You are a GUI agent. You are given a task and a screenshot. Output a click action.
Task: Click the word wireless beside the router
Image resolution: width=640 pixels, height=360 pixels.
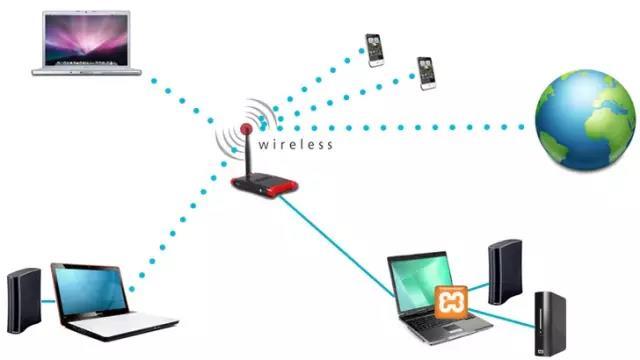pos(296,144)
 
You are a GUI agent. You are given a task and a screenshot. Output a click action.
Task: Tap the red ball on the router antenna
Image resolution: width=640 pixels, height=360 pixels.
pos(246,129)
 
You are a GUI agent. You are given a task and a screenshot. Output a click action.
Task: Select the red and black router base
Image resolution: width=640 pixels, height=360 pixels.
pos(264,185)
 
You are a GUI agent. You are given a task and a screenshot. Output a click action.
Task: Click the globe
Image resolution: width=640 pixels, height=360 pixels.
pos(585,120)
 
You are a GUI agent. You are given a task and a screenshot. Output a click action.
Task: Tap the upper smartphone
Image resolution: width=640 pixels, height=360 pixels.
pos(375,50)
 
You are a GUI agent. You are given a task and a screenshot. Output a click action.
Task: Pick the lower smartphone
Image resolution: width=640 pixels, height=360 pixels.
pos(427,73)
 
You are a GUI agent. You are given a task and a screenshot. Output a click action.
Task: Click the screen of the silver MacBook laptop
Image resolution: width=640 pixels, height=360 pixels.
pos(86,40)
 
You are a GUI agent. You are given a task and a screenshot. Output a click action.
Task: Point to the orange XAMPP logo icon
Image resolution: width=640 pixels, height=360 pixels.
pos(451,302)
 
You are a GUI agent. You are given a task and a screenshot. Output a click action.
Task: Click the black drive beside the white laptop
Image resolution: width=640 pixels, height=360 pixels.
pos(24,300)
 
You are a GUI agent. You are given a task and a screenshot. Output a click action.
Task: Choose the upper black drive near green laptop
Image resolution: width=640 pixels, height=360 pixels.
pos(505,272)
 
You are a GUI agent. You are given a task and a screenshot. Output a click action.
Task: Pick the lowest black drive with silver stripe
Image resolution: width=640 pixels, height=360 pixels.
pos(550,324)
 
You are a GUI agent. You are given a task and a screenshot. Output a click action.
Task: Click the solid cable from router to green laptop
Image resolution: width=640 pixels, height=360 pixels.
pos(337,246)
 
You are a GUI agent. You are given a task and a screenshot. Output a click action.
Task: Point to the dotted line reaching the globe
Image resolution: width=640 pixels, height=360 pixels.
pos(400,128)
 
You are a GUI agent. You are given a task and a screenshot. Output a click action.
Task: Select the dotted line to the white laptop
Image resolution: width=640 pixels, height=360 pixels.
pos(182,220)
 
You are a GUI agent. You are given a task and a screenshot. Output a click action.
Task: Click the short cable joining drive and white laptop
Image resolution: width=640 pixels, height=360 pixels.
pos(48,302)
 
